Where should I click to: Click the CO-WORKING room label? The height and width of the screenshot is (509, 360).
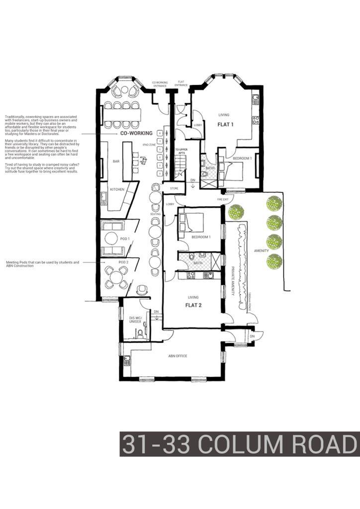tap(136, 134)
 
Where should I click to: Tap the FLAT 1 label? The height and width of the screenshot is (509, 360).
tap(225, 124)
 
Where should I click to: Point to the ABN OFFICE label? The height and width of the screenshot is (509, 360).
tap(177, 356)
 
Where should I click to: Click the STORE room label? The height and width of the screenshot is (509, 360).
tap(174, 189)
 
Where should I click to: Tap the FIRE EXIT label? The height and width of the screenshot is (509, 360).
tap(223, 199)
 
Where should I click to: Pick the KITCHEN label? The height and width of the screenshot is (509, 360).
tap(117, 189)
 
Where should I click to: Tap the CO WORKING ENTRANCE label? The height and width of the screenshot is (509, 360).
tap(160, 84)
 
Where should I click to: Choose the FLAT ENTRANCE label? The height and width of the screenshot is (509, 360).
tap(181, 84)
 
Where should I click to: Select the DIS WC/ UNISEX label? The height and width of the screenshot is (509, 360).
tap(136, 320)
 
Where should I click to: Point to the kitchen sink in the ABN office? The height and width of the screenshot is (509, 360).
tap(127, 360)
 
